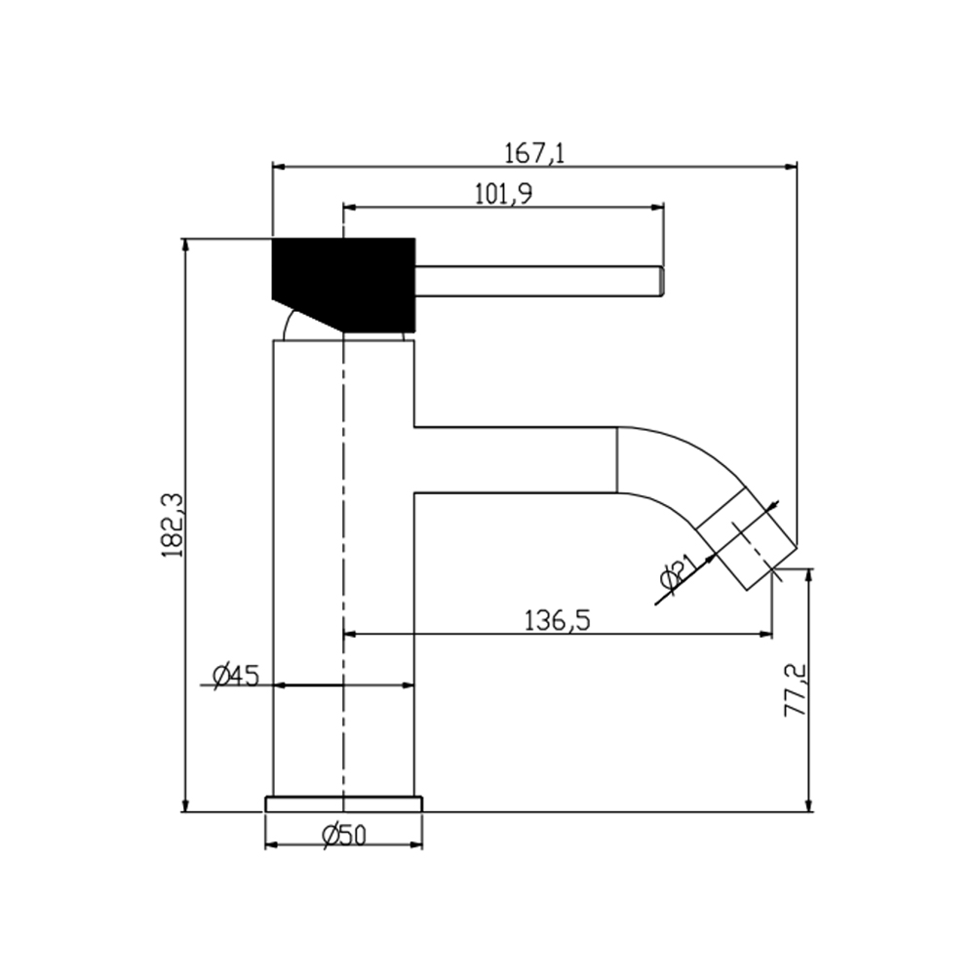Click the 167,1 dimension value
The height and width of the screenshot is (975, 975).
pyautogui.click(x=534, y=153)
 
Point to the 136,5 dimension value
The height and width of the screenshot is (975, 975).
pyautogui.click(x=557, y=621)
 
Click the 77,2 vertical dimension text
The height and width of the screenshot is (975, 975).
pyautogui.click(x=795, y=691)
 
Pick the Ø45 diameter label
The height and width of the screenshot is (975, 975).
pyautogui.click(x=235, y=676)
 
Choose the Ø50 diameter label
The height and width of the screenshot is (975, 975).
pyautogui.click(x=344, y=837)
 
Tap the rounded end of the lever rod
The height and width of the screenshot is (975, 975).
pyautogui.click(x=662, y=281)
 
